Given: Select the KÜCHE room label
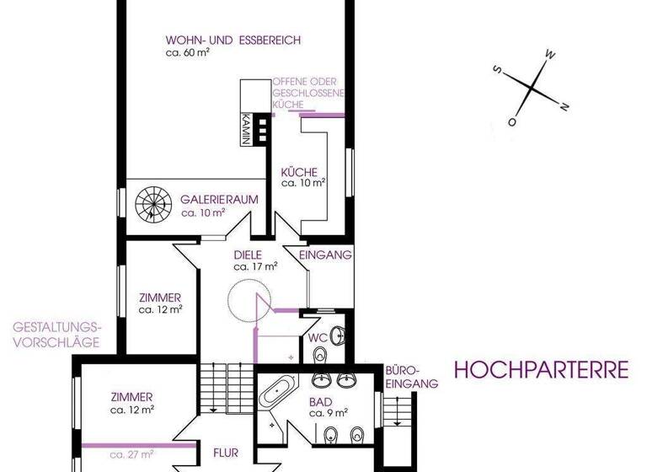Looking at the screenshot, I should pyautogui.click(x=299, y=172).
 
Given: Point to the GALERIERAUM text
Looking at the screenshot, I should pyautogui.click(x=219, y=201).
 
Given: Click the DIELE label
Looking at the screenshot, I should pyautogui.click(x=249, y=255).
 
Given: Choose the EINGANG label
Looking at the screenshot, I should pyautogui.click(x=325, y=255).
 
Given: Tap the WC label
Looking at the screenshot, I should pyautogui.click(x=317, y=337).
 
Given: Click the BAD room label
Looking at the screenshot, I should pyautogui.click(x=320, y=402).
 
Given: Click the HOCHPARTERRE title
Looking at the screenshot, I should pyautogui.click(x=542, y=369).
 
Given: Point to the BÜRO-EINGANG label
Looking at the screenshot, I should pyautogui.click(x=411, y=377).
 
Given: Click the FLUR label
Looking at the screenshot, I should pyautogui.click(x=227, y=452).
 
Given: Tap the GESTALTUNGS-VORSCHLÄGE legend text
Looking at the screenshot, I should pyautogui.click(x=56, y=334).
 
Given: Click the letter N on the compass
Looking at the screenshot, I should pyautogui.click(x=564, y=105).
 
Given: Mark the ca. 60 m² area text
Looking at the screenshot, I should pyautogui.click(x=188, y=51).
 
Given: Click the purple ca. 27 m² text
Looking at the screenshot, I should pyautogui.click(x=131, y=454).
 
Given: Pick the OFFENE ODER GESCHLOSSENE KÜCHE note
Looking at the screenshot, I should pyautogui.click(x=307, y=93).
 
